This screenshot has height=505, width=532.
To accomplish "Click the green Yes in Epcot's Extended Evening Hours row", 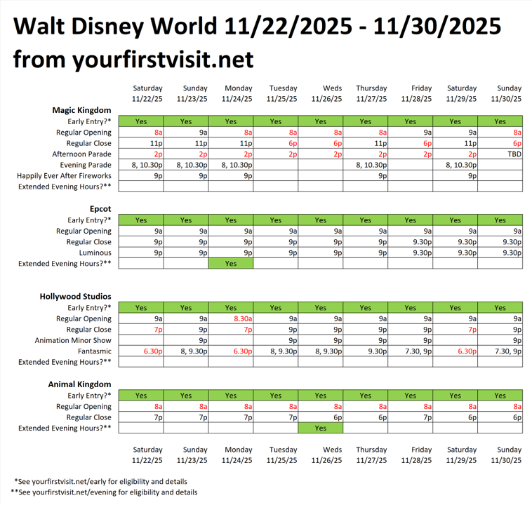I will [231, 264].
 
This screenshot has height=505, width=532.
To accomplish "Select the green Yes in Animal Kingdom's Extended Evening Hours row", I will [321, 428].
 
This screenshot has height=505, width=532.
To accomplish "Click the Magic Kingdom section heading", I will [81, 110].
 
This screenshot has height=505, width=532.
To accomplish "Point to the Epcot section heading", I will [100, 209].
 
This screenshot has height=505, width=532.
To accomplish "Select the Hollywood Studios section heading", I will [75, 297].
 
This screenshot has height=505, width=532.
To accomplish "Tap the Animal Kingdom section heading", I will [79, 384].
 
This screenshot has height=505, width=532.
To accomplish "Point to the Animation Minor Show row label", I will [73, 340].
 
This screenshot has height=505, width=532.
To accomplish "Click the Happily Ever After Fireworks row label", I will [65, 176].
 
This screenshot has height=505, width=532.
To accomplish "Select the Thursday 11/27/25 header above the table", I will [371, 93].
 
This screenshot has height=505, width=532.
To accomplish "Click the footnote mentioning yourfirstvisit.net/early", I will [105, 481].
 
